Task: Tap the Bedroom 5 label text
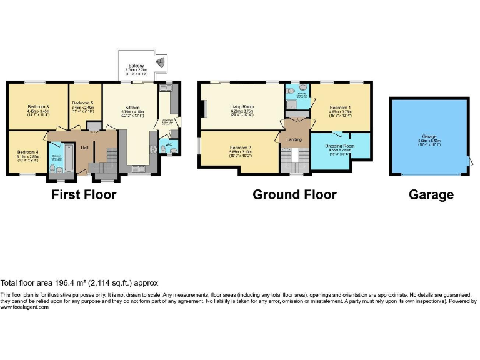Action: [82, 103]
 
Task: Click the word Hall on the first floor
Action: [84, 147]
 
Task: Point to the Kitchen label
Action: [132, 107]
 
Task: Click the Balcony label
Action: [137, 66]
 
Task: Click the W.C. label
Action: [168, 144]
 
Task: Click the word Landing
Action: [294, 139]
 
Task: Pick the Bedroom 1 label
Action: [341, 107]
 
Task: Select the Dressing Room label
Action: [340, 146]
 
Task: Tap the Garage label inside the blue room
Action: [428, 136]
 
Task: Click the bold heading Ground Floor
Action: [294, 195]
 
